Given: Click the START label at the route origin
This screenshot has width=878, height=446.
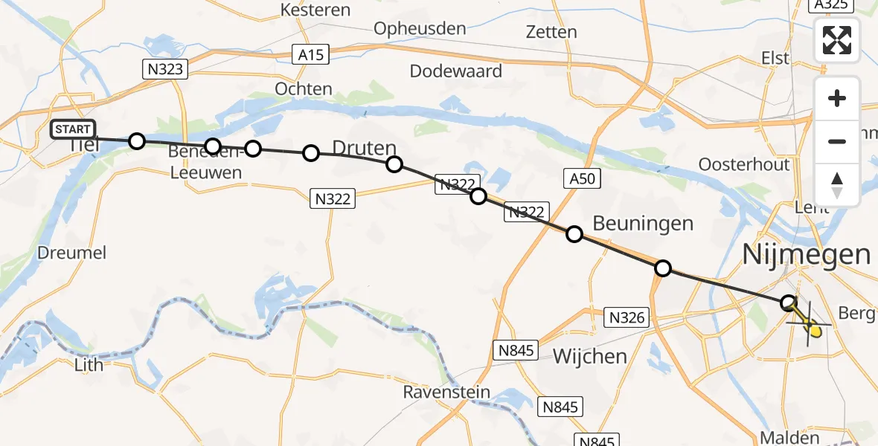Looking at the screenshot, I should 73,129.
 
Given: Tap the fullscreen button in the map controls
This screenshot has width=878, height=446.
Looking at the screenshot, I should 837,40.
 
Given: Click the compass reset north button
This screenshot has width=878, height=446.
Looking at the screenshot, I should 837,185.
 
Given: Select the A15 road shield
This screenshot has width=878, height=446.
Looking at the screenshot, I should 308,54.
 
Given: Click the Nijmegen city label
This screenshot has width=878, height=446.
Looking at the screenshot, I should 806,255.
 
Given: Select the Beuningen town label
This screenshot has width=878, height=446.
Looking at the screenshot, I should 643,223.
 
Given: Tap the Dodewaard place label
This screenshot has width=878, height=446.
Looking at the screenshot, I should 456,71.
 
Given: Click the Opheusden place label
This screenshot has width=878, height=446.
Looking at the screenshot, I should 420,29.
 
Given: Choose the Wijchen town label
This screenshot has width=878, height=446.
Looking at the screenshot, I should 590,356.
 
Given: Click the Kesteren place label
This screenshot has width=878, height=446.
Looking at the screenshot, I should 315,10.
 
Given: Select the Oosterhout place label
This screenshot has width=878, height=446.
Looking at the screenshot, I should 744,164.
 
